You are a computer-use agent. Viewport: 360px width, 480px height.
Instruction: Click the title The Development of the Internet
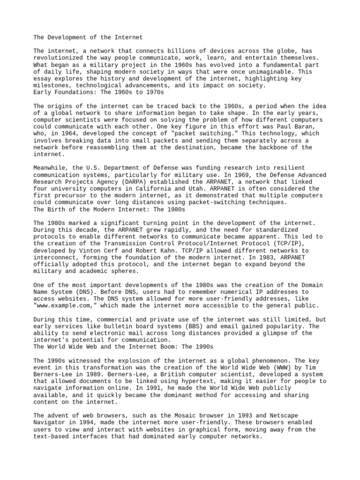pyautogui.click(x=88, y=37)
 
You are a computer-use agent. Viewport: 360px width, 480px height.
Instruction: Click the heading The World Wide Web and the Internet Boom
pyautogui.click(x=123, y=346)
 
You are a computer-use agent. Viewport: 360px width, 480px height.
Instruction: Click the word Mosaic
pyautogui.click(x=181, y=416)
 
